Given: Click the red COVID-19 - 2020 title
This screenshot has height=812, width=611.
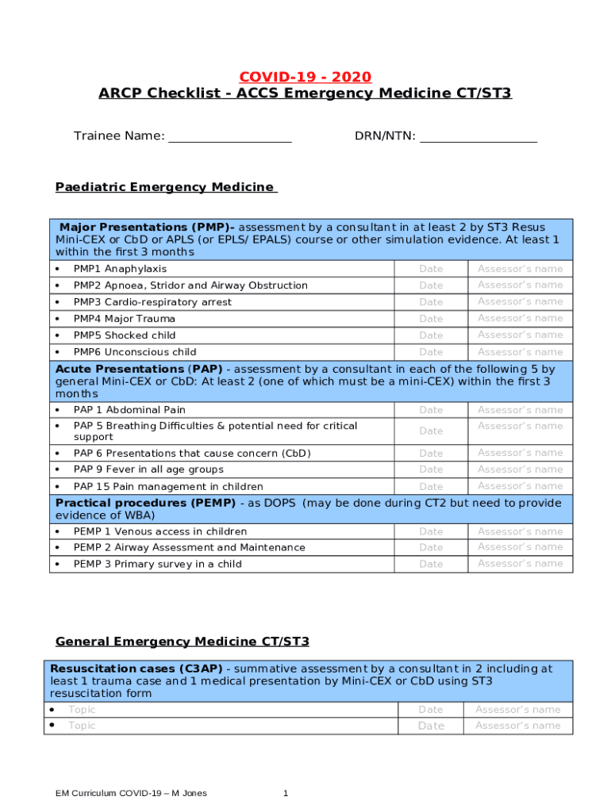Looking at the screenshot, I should [305, 77].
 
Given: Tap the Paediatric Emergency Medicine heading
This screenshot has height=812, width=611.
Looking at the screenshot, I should [165, 187].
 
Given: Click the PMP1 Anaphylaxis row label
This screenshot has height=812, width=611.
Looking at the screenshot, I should [120, 269].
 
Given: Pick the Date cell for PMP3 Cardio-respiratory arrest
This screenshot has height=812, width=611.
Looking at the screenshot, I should [431, 302].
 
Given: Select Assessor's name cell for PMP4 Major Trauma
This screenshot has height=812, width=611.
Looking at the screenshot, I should [520, 318].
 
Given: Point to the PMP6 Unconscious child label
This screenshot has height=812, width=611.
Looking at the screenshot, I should [135, 352].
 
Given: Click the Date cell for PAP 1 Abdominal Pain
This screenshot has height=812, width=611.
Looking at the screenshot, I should [431, 410].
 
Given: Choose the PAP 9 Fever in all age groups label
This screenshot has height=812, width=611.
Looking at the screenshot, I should [148, 469].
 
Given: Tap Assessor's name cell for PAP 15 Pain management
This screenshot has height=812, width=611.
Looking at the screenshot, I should [520, 486].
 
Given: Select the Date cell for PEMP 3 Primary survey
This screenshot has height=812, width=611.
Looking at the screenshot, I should [431, 564].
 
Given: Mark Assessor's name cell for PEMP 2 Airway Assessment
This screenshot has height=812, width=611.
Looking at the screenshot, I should [520, 547].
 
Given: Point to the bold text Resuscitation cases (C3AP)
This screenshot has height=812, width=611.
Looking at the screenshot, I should [136, 668].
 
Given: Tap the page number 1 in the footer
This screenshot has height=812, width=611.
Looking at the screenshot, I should [286, 793].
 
